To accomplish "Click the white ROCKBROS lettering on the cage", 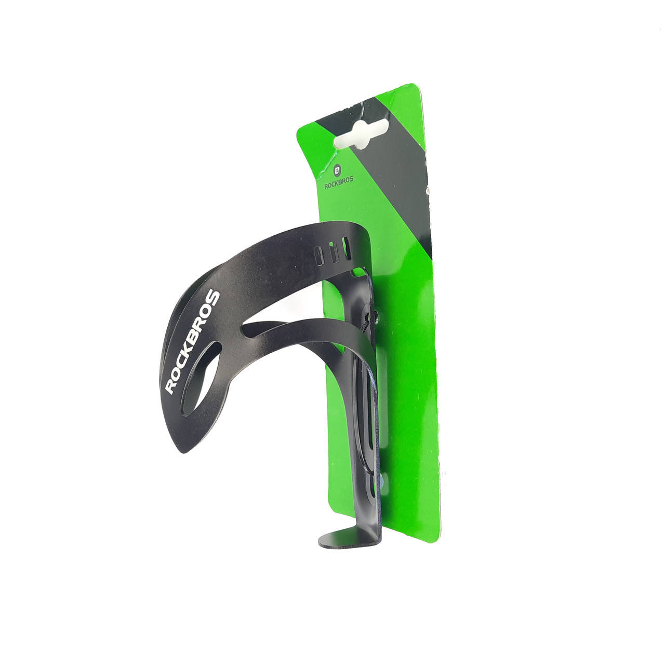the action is point(192,342).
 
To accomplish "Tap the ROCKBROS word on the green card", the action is point(339,183).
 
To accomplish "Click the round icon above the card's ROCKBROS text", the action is point(337,170).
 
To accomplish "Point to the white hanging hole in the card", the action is point(361,135).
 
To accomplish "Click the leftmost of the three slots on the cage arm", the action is point(318,256).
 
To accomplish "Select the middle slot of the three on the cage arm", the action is point(334,252).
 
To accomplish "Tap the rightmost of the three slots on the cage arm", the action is point(347,248).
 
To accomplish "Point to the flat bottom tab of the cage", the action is point(349,538).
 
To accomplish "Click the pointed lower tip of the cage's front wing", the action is point(184,452).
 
